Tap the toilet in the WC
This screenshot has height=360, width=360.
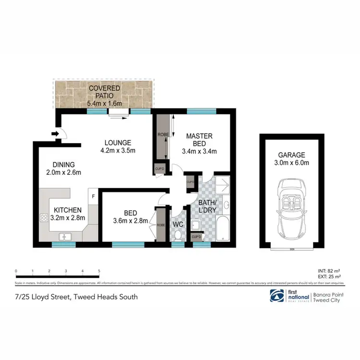tap(179, 235)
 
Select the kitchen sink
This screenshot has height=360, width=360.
tap(64, 236)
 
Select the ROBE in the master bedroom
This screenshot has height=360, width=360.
tap(162, 137)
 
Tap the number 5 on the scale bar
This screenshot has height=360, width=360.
tap(99, 271)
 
